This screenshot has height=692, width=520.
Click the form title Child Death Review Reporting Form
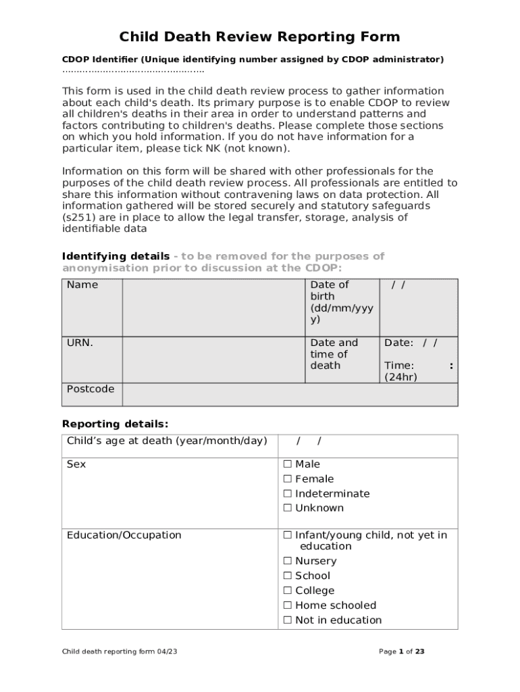point(260,36)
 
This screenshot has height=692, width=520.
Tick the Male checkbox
point(287,464)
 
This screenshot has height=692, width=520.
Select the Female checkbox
point(287,479)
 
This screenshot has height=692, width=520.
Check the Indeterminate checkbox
point(287,494)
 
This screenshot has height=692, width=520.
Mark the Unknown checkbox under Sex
point(287,508)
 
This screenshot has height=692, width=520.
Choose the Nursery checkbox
point(287,561)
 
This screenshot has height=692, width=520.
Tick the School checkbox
point(287,576)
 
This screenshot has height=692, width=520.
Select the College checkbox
point(287,591)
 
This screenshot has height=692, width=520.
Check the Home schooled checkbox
point(287,605)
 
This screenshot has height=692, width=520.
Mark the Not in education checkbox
point(287,620)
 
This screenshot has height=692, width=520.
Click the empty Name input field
point(213,307)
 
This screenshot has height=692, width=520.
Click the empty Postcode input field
point(290,395)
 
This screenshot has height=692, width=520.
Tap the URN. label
point(80,343)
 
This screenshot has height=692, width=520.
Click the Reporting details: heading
point(115,424)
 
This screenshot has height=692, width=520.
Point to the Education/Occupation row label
point(124,535)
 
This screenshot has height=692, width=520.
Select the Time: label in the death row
point(399,366)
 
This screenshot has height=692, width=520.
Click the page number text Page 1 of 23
point(402,652)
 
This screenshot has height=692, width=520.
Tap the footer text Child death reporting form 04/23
point(120,652)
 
